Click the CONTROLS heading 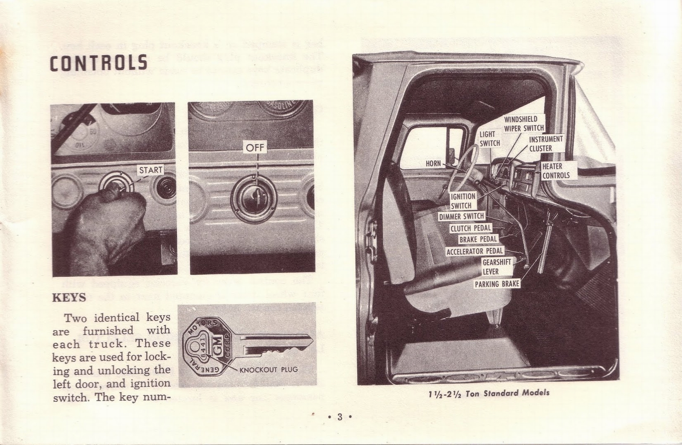pyautogui.click(x=99, y=63)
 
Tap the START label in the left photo pyautogui.click(x=150, y=170)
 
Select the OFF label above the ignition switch pyautogui.click(x=255, y=148)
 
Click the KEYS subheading pyautogui.click(x=69, y=297)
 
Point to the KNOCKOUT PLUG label pyautogui.click(x=269, y=370)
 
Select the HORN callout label pyautogui.click(x=433, y=163)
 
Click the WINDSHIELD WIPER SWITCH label pyautogui.click(x=523, y=123)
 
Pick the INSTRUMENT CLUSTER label pyautogui.click(x=546, y=144)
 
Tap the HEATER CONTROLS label pyautogui.click(x=556, y=171)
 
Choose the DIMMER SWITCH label pyautogui.click(x=462, y=216)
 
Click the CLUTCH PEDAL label pyautogui.click(x=471, y=228)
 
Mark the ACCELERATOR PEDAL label pyautogui.click(x=475, y=251)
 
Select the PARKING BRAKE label pyautogui.click(x=497, y=284)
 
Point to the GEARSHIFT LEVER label pyautogui.click(x=497, y=267)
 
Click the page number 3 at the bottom pyautogui.click(x=340, y=417)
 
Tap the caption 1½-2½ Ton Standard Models pyautogui.click(x=489, y=393)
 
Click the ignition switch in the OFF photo pyautogui.click(x=254, y=198)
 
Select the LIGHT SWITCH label pyautogui.click(x=490, y=139)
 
